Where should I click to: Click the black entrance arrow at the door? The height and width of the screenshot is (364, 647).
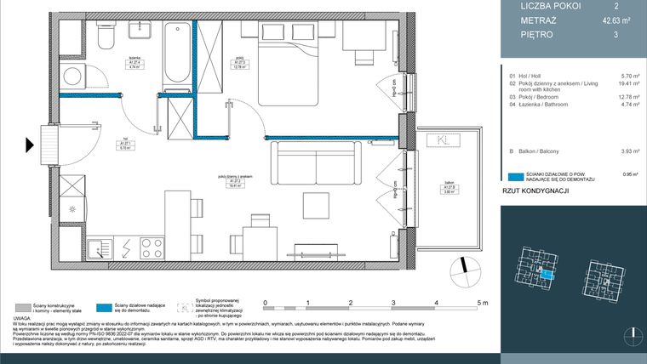coord(31,145)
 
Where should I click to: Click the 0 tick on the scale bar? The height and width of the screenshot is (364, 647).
coord(266,303)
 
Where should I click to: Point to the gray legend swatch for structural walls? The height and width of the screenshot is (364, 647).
coord(25,307)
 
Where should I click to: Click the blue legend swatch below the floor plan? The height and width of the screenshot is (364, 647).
coord(105,307)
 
